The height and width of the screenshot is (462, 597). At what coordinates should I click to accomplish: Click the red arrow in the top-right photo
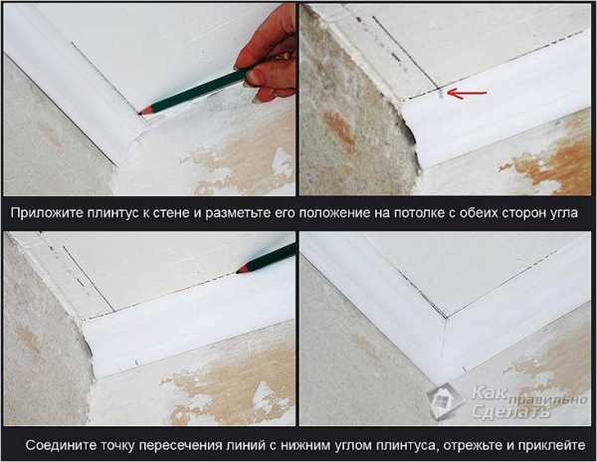click(x=467, y=93)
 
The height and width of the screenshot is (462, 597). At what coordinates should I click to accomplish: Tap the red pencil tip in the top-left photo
click(x=141, y=113)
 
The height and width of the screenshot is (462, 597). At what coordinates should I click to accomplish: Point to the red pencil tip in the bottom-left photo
click(x=239, y=270)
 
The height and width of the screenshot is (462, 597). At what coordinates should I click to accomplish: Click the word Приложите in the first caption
click(x=47, y=213)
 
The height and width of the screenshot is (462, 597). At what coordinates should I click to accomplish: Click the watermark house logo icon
click(x=445, y=400)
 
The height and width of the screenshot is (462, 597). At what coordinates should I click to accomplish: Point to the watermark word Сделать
click(x=511, y=411)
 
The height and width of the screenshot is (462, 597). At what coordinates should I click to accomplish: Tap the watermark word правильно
click(x=548, y=400)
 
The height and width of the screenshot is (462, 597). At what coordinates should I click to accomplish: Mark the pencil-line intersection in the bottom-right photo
click(x=446, y=317)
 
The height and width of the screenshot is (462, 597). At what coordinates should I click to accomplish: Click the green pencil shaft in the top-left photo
click(x=199, y=90)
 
